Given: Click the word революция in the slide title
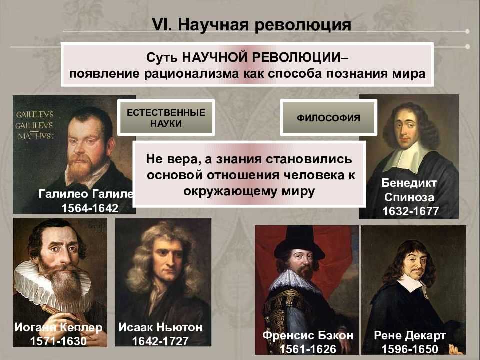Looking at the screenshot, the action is point(303,25).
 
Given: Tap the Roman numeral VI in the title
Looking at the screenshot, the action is point(162,24).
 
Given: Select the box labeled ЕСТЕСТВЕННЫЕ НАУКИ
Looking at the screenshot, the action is point(166,118).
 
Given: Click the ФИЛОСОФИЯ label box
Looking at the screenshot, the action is point(328,118).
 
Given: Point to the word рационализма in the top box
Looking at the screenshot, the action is point(191,74).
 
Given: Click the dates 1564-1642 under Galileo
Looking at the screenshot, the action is point(90,208).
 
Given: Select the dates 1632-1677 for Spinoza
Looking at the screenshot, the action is point(411,211).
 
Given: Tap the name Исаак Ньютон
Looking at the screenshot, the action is point(160,327).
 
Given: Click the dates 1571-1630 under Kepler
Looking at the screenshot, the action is point(58,341).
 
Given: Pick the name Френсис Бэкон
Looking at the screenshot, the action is point(308,335).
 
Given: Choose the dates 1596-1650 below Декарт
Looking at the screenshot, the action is point(410,349).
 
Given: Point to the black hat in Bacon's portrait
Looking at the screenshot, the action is point(299,243).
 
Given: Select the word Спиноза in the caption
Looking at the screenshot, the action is point(409,197).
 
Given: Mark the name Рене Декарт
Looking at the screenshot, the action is point(410,335).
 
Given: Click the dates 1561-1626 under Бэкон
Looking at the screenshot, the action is point(308,349).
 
